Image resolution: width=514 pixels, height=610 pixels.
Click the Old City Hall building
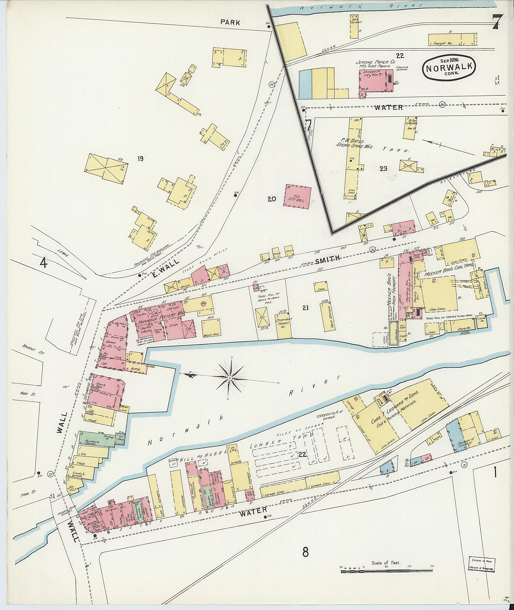(x=297, y=197)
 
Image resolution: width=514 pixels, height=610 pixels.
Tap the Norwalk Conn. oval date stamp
(x=449, y=67)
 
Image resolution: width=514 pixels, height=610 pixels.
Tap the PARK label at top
(x=230, y=22)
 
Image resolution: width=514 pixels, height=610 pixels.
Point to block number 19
(x=141, y=159)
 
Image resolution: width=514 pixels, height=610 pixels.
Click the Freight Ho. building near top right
(x=453, y=40)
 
